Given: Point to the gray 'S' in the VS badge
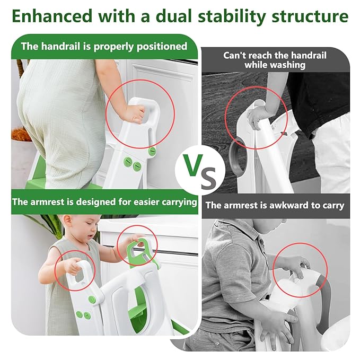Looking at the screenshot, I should (x=208, y=178).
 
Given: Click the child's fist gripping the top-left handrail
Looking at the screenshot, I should (x=133, y=113).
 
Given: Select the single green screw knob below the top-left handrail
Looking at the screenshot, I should (x=152, y=151).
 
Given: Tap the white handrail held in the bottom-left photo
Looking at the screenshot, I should (x=81, y=271).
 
